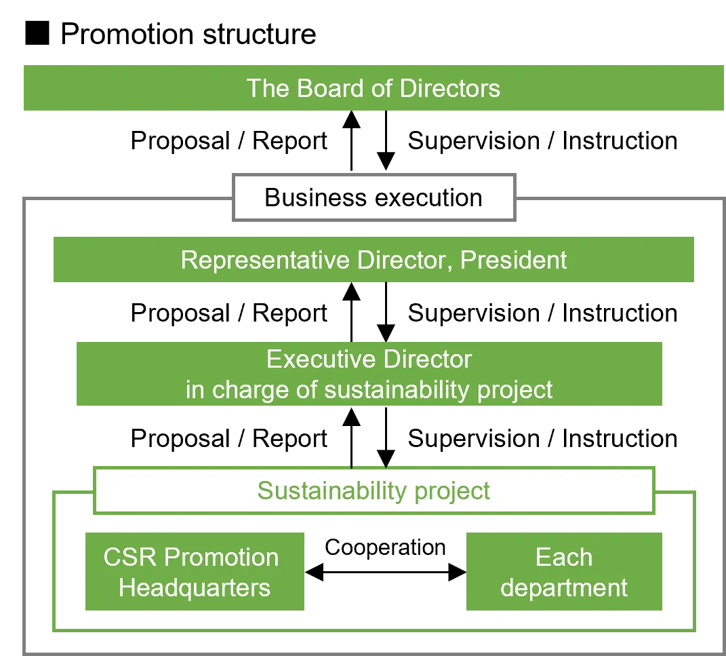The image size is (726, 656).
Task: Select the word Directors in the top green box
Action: (x=449, y=88)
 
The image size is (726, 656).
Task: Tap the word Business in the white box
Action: (x=315, y=197)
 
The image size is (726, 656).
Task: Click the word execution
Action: (x=428, y=197)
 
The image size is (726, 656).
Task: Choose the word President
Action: (x=514, y=260)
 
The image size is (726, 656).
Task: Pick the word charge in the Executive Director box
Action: (x=249, y=389)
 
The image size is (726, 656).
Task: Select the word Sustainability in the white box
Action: (x=332, y=490)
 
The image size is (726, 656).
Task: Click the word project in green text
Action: (x=452, y=490)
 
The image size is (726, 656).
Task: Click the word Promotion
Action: (x=222, y=557)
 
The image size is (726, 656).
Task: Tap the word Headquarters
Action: (x=195, y=587)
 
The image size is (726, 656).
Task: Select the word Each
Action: (x=564, y=557)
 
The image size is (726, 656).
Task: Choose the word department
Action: (x=564, y=587)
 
